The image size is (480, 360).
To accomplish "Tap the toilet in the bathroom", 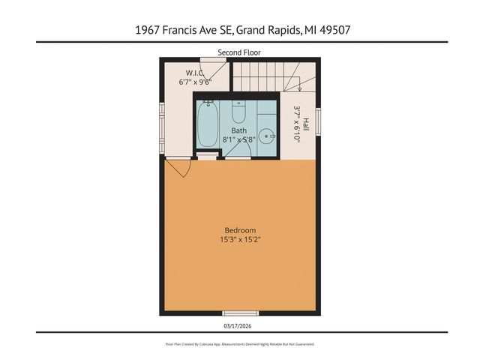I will [238, 112].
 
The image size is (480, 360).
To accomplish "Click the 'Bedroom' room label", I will [240, 230].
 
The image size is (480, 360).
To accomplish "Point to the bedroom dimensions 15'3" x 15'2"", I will [240, 240].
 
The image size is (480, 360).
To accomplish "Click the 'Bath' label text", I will [238, 130].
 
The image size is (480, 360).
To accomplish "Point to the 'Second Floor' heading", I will [239, 52].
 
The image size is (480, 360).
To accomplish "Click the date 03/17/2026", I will [239, 325].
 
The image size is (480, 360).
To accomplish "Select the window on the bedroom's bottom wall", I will [239, 313].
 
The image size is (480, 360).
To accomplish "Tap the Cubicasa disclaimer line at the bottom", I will [239, 343].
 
